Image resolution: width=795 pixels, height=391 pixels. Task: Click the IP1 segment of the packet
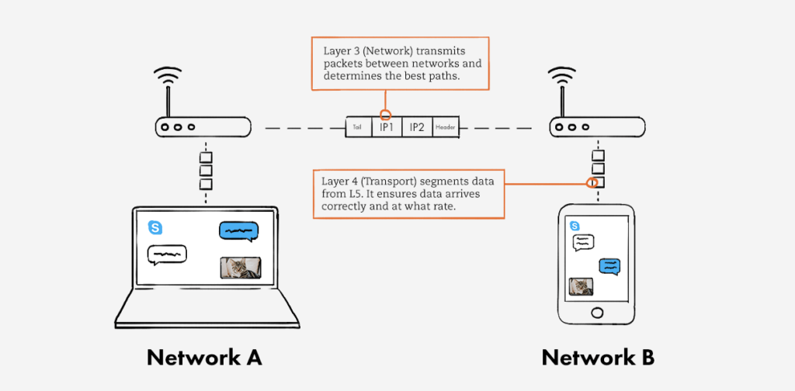387,127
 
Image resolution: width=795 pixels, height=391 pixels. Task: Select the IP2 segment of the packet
417,127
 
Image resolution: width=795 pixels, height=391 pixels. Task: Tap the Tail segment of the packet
358,127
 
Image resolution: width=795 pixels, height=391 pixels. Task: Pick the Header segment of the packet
446,127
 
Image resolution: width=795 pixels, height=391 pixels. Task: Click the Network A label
204,358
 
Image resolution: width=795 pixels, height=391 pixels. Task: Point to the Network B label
598,358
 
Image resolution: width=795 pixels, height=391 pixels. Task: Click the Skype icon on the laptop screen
156,227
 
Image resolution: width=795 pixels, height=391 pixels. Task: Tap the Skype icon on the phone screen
575,226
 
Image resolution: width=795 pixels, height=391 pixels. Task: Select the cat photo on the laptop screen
241,268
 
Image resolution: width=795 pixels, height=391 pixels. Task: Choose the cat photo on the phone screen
581,286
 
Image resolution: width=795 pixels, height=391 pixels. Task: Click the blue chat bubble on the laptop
238,231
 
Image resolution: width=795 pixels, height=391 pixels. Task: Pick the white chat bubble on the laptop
167,254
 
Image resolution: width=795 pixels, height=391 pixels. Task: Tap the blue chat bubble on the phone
609,266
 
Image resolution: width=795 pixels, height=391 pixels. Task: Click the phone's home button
596,312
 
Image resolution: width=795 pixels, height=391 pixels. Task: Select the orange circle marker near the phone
593,184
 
